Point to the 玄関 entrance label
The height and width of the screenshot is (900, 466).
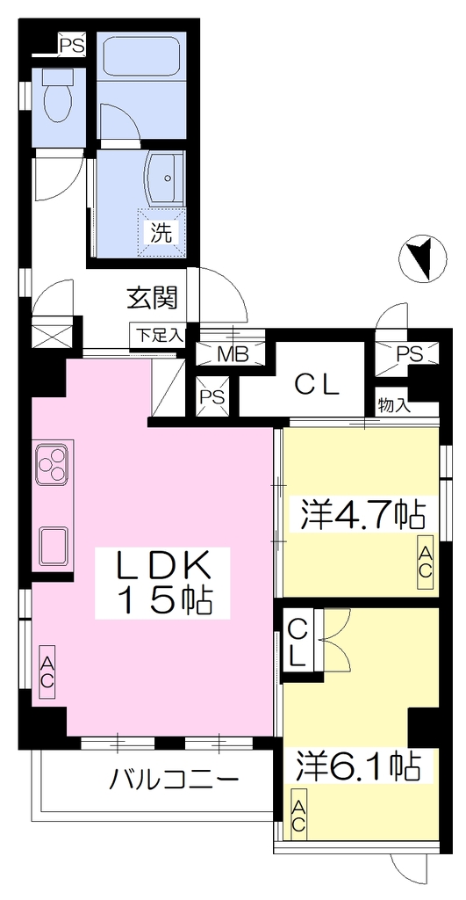pyautogui.click(x=152, y=297)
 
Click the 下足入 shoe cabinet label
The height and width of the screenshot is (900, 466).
pyautogui.click(x=159, y=335)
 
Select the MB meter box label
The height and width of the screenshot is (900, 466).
pyautogui.click(x=231, y=354)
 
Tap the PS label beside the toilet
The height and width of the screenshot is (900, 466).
pyautogui.click(x=72, y=45)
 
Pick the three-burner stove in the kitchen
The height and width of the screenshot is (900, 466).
pyautogui.click(x=54, y=464)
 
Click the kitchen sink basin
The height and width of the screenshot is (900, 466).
pyautogui.click(x=54, y=545)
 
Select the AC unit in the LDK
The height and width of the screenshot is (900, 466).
pyautogui.click(x=47, y=671)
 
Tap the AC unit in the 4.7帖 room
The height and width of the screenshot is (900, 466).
pyautogui.click(x=425, y=561)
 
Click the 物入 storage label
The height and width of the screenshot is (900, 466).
pyautogui.click(x=394, y=405)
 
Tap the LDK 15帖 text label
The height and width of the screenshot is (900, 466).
pyautogui.click(x=162, y=583)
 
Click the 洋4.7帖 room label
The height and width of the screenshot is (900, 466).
pyautogui.click(x=361, y=515)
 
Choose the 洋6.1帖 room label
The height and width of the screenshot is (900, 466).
pyautogui.click(x=358, y=764)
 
